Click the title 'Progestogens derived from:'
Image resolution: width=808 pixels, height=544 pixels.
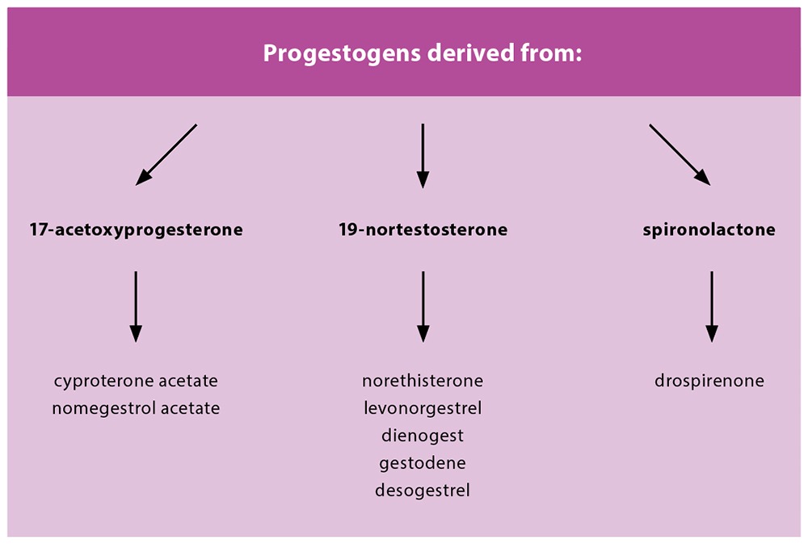(423, 53)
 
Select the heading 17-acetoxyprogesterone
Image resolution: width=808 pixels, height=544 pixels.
(136, 230)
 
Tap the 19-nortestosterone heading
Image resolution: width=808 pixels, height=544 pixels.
(423, 230)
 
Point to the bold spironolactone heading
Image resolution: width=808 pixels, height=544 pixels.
(709, 230)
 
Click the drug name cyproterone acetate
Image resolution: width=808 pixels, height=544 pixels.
(136, 381)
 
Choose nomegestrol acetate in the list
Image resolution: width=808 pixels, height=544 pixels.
(136, 408)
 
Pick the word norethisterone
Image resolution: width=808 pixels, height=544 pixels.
(423, 381)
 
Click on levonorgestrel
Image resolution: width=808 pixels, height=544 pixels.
(423, 408)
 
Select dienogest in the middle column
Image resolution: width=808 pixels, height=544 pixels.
(423, 436)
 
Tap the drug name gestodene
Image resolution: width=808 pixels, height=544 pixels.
(423, 463)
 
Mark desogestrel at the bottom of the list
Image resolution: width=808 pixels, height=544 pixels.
(423, 491)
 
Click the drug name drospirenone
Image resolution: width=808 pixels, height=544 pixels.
(709, 381)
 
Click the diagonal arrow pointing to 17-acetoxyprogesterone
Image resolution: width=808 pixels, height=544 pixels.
(166, 154)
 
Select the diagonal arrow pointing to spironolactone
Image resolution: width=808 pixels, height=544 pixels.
(680, 154)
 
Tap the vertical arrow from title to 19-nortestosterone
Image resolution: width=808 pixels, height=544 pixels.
(423, 156)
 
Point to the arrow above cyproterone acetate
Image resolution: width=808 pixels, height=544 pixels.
(136, 307)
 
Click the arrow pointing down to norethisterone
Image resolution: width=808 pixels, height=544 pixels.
(423, 307)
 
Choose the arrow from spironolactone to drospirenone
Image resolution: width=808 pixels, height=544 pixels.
(712, 307)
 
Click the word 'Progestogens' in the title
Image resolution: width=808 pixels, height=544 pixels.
(342, 54)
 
